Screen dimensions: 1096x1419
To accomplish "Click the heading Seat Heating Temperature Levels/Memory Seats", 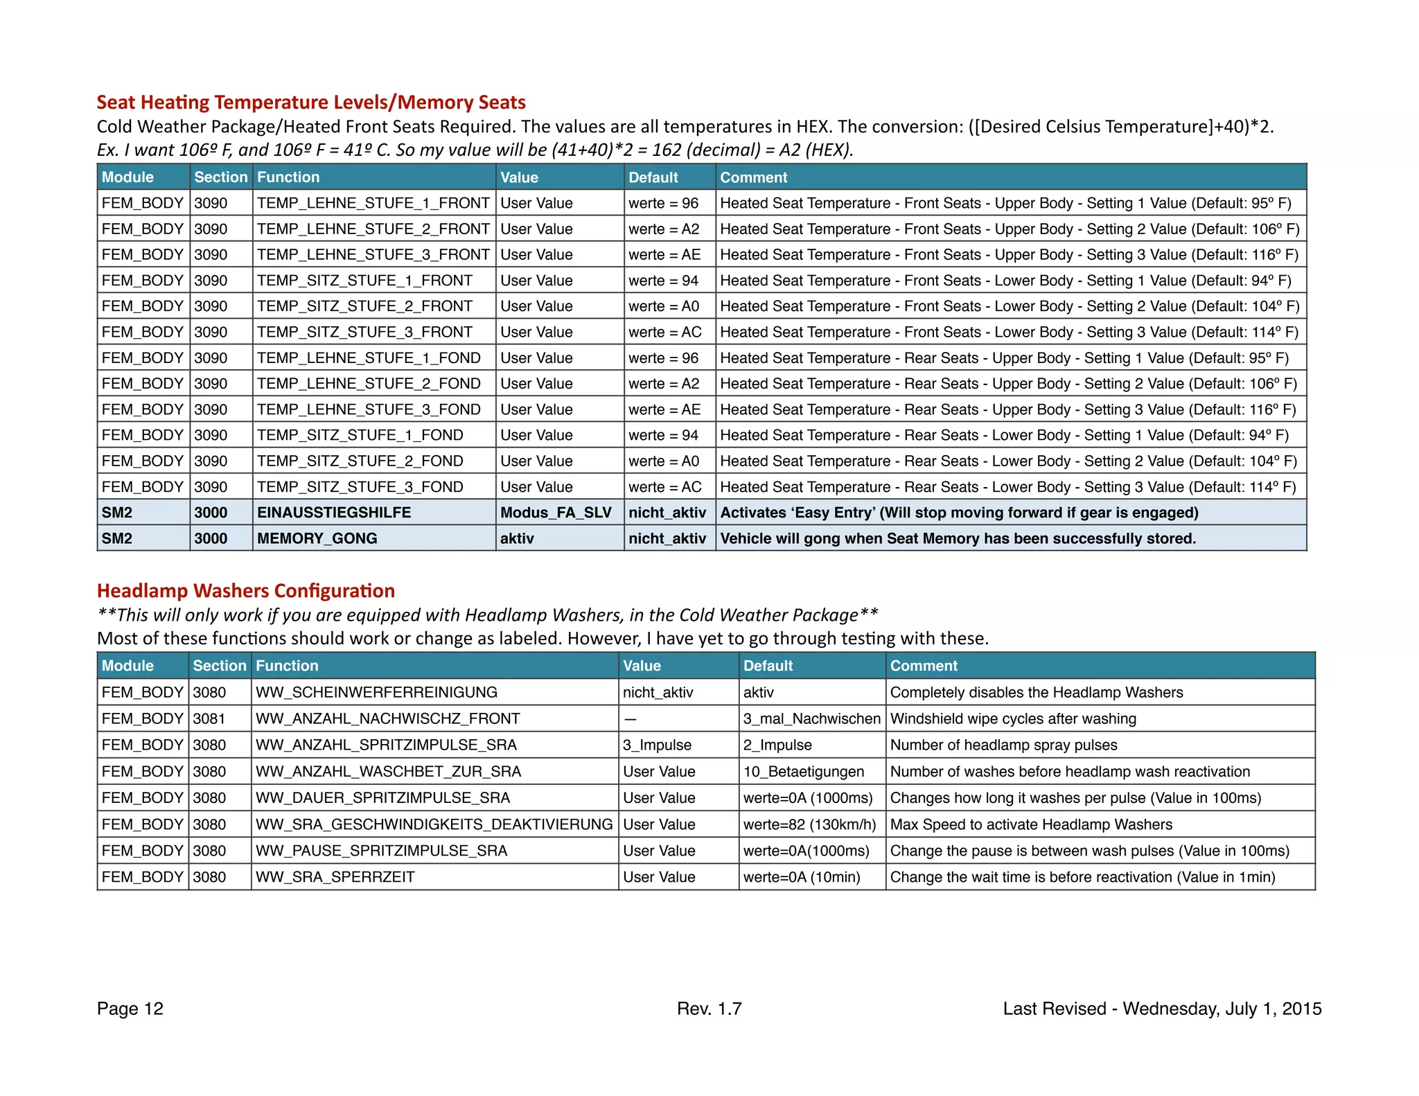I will [x=311, y=103].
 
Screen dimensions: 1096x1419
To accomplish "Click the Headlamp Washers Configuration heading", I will [x=246, y=591].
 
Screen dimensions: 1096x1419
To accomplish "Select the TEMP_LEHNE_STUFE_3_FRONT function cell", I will [x=373, y=255].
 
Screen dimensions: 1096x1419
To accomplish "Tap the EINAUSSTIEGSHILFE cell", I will [x=334, y=513].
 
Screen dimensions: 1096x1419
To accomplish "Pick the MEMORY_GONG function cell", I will [x=317, y=538].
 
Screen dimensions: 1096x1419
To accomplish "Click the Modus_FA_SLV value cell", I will [x=556, y=513].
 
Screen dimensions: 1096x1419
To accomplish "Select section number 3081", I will [x=209, y=718].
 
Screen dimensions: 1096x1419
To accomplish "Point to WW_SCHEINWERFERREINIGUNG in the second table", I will [x=376, y=692].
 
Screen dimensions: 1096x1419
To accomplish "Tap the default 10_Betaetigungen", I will [x=804, y=771].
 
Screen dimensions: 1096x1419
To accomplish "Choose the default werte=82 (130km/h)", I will [x=809, y=824].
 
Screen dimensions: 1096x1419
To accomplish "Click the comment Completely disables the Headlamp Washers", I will [x=1036, y=692].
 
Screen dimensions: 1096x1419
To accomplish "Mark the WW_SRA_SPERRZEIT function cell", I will [x=335, y=877].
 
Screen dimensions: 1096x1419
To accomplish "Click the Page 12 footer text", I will [x=130, y=1009].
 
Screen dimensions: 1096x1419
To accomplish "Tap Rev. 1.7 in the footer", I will [x=709, y=1009].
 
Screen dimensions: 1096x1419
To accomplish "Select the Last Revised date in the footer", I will [x=1162, y=1009].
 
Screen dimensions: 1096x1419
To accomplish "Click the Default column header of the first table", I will [x=653, y=177].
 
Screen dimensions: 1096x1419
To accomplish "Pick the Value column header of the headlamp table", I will [x=642, y=666].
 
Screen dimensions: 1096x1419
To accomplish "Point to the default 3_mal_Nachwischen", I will [x=811, y=718].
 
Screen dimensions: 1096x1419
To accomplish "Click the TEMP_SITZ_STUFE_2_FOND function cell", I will [x=360, y=461].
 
